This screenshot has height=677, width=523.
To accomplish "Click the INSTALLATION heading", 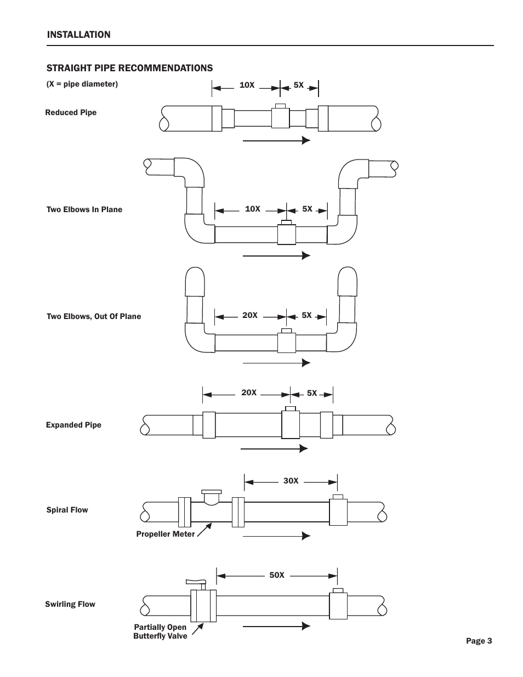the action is pyautogui.click(x=78, y=35).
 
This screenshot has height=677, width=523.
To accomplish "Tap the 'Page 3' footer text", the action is pyautogui.click(x=479, y=641).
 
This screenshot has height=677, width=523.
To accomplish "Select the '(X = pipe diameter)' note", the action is pyautogui.click(x=82, y=84).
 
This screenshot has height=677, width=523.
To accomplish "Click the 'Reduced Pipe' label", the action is pyautogui.click(x=71, y=112).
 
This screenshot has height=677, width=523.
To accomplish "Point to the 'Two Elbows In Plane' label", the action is pyautogui.click(x=84, y=209).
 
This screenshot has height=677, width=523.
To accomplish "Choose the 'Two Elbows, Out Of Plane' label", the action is pyautogui.click(x=94, y=316).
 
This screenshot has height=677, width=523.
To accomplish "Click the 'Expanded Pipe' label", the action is pyautogui.click(x=74, y=425).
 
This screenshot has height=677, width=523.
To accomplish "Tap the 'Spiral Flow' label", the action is pyautogui.click(x=67, y=510).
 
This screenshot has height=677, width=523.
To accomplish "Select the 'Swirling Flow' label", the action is pyautogui.click(x=70, y=605).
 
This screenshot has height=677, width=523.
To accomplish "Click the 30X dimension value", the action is pyautogui.click(x=291, y=481).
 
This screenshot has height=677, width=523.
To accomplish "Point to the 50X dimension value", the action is pyautogui.click(x=277, y=575).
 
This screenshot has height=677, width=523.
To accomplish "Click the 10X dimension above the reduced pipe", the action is pyautogui.click(x=247, y=85).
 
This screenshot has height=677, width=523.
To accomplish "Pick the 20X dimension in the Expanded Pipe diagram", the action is pyautogui.click(x=249, y=392).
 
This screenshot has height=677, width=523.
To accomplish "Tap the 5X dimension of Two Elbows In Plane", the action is pyautogui.click(x=307, y=209).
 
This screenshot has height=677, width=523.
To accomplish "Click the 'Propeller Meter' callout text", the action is pyautogui.click(x=166, y=534).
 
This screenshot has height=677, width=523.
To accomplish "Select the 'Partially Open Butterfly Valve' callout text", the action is pyautogui.click(x=160, y=632).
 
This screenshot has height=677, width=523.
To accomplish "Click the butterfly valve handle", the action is pyautogui.click(x=196, y=582).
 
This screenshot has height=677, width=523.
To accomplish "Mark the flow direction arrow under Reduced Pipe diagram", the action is pyautogui.click(x=277, y=140).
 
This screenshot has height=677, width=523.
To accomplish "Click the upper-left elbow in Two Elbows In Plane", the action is pyautogui.click(x=189, y=172).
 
